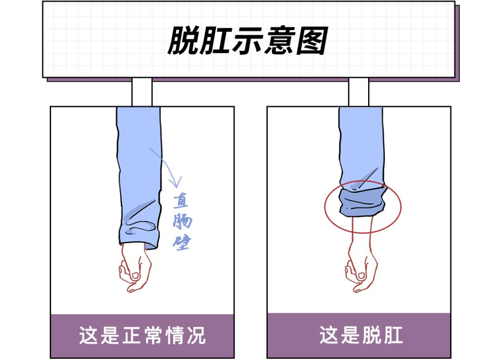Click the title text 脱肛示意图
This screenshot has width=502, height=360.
coord(248,40)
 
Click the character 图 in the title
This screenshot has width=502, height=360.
coord(312,40)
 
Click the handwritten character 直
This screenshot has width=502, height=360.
coord(181,201)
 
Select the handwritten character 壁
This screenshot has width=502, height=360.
coord(181,242)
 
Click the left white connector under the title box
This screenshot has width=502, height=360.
coord(141,92)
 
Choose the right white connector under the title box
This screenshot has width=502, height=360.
coord(358,92)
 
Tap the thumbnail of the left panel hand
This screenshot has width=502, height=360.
coord(136,275)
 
